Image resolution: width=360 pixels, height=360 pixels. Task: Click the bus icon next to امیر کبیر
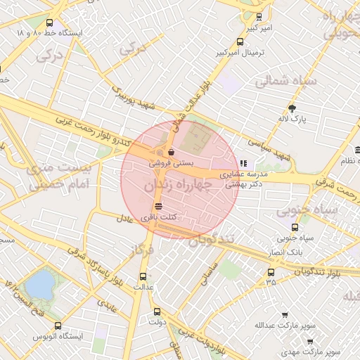point(259,16)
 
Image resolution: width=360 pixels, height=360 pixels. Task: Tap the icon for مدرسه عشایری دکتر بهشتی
point(243,163)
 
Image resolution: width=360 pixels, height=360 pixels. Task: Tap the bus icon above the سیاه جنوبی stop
point(294,227)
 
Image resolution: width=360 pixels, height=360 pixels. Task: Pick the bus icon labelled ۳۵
point(271,272)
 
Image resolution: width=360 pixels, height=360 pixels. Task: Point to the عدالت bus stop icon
point(143,276)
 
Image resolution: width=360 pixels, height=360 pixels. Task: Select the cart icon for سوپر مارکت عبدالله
point(284,316)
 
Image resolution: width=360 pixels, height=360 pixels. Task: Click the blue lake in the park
point(40,284)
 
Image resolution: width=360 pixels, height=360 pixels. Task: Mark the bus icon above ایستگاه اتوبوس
point(58,326)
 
